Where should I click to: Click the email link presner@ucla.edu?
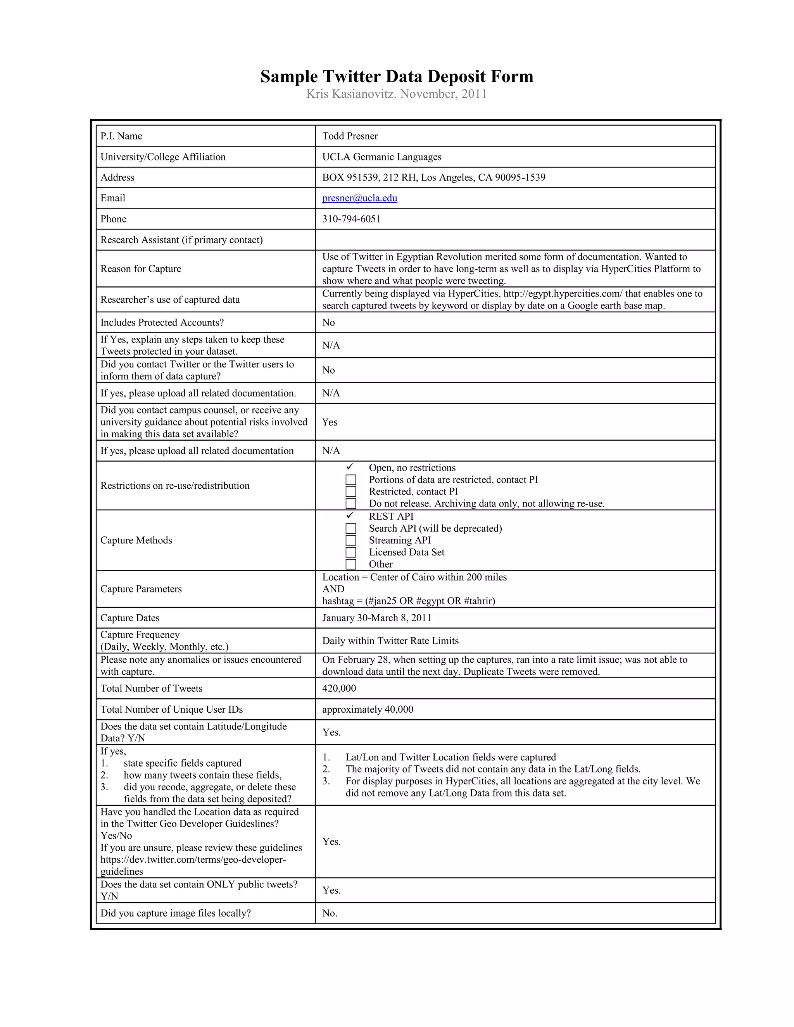(359, 198)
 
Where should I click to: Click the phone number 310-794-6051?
(351, 219)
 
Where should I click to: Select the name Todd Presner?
(350, 136)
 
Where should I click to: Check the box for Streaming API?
(351, 540)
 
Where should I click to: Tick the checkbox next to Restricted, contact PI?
(351, 491)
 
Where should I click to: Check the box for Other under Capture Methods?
(351, 564)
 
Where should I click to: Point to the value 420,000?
(339, 688)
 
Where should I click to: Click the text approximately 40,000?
(368, 709)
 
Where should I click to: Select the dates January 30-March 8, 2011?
(376, 618)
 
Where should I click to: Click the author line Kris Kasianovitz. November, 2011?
(397, 94)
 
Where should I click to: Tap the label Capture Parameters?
(141, 589)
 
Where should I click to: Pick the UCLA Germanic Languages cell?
(381, 157)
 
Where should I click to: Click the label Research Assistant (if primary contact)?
(181, 240)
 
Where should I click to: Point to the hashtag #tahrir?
(479, 601)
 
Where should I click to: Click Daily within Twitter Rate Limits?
(390, 641)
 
